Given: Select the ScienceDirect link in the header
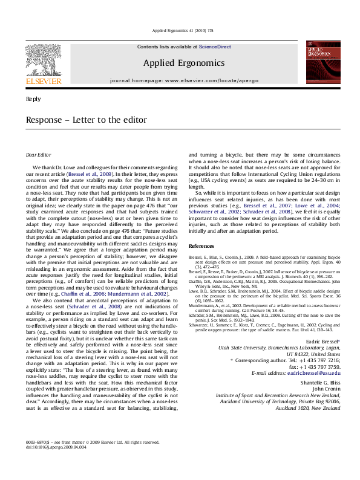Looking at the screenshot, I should (215, 47).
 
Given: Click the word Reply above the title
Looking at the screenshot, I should (34, 99).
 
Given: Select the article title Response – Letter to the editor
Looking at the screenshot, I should (87, 120).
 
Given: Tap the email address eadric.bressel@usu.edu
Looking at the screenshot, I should (313, 356).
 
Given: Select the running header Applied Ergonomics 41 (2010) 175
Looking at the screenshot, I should (180, 30).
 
